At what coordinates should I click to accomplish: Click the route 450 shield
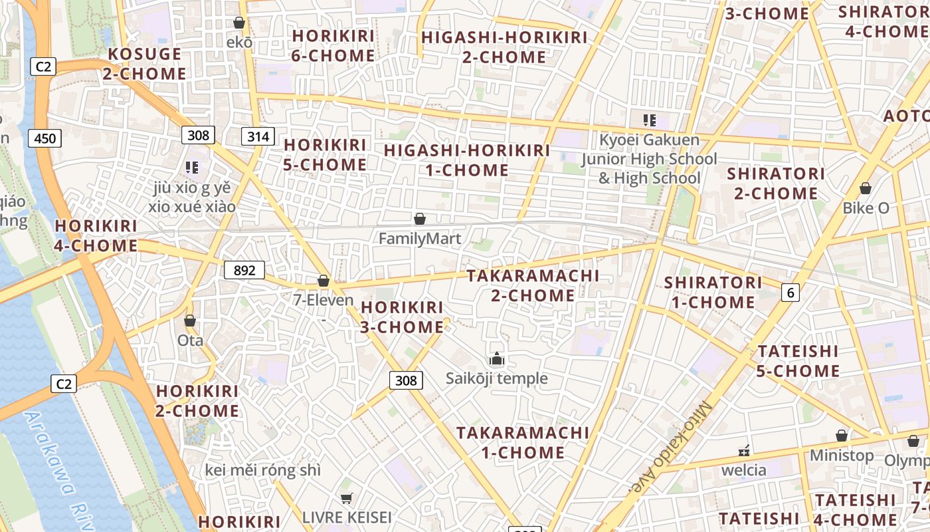pos(45,138)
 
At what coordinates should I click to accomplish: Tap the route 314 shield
pos(258,137)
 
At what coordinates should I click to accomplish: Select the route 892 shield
pos(244,270)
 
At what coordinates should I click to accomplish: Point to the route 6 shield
pos(790,291)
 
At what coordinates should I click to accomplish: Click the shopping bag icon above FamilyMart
pos(419,219)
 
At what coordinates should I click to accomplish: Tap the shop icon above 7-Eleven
pos(324,281)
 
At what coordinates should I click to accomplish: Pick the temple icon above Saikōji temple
pos(496,360)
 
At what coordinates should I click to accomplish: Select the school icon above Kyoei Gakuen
pos(649,120)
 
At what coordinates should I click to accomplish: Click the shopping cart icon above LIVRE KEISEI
pos(345,498)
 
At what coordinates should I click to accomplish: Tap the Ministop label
pos(842,456)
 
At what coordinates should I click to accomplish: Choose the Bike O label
pos(866,207)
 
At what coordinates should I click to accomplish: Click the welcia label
pos(744,470)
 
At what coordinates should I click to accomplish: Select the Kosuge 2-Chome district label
pos(144,64)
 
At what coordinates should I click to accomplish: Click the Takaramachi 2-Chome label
pos(533,285)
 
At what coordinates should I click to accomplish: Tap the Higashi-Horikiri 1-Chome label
pos(467,160)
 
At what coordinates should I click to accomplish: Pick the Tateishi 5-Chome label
pos(798,360)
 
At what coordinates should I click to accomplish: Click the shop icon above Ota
pos(190,321)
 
